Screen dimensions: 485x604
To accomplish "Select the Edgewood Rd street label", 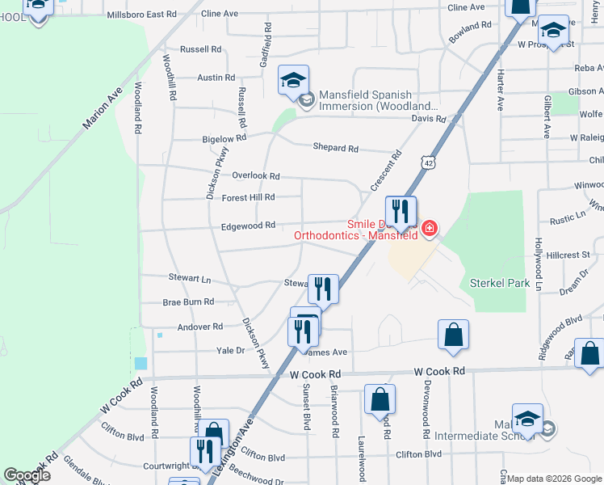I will tap(250, 226).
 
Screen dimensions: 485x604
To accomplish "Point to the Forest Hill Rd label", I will tap(248, 197).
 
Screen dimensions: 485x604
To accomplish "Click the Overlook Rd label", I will tap(255, 175).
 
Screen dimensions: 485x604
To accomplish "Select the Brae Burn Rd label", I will tap(188, 302).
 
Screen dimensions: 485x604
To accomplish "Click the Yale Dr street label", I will tap(229, 350).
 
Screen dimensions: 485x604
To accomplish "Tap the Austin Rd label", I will tap(216, 78).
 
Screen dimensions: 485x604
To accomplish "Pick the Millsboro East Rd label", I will tap(141, 15).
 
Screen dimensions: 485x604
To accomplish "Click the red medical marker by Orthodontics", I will tap(430, 229).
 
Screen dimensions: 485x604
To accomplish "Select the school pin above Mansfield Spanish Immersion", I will tap(293, 79).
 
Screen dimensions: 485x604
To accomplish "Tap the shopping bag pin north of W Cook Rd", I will tap(453, 333).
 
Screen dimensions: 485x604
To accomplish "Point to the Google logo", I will tap(28, 475).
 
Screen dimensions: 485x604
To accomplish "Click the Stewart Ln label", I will tap(189, 279).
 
